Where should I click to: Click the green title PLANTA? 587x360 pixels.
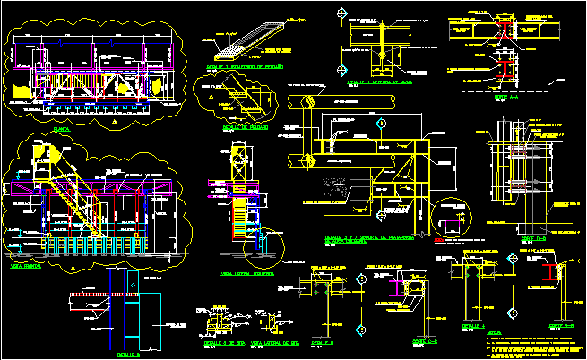click(x=61, y=129)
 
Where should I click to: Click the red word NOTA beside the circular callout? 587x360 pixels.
click(x=439, y=241)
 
